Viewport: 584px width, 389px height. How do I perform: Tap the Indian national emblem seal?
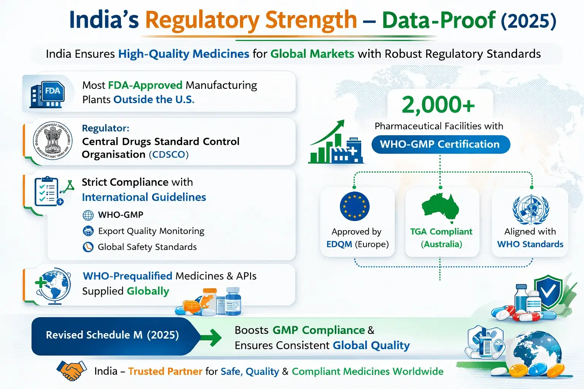(x=52, y=141)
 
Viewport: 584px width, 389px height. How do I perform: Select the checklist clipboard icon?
(x=47, y=191)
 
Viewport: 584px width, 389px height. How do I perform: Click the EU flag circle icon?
(x=354, y=206)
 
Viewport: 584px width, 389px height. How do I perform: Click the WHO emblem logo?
(x=530, y=209)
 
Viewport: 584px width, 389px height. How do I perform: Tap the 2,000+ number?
(x=438, y=105)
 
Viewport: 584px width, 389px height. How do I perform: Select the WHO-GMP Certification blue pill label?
(x=440, y=144)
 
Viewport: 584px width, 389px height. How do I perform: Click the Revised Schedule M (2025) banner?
(x=113, y=335)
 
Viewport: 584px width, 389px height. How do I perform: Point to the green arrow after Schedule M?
(x=211, y=337)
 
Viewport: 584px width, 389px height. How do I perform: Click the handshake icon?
(x=71, y=370)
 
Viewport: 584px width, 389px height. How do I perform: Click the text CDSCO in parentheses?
(x=168, y=155)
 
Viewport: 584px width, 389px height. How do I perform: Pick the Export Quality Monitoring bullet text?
(x=151, y=231)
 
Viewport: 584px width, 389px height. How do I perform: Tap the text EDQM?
(x=339, y=244)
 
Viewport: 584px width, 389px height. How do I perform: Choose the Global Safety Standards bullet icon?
(x=88, y=247)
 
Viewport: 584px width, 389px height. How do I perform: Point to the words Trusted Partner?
(x=165, y=371)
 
